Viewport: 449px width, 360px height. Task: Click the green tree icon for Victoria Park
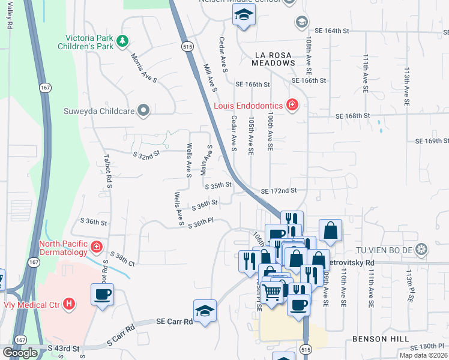pos(122,41)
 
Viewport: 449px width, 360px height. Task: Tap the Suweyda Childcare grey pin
pos(143,110)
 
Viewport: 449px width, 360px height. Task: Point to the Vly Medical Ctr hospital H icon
pos(70,304)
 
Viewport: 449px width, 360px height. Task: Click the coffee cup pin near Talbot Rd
pos(101,295)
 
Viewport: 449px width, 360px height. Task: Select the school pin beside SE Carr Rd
pos(205,311)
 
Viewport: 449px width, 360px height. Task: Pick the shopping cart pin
pos(273,292)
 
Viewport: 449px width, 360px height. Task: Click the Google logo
pos(20,353)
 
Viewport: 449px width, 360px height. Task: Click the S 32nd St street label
pos(146,154)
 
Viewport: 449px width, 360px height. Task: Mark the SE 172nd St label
pos(279,191)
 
